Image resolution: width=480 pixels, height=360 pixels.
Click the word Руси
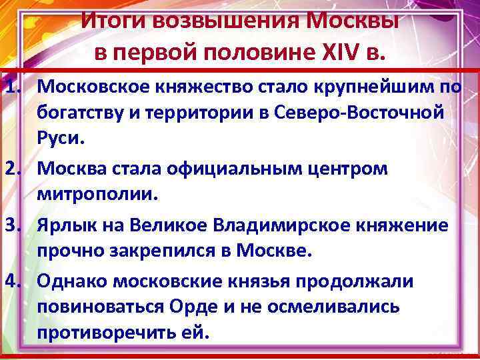[x=61, y=141]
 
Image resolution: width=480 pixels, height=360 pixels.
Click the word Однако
[x=71, y=281]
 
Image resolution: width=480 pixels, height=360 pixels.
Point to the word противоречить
[x=105, y=333]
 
